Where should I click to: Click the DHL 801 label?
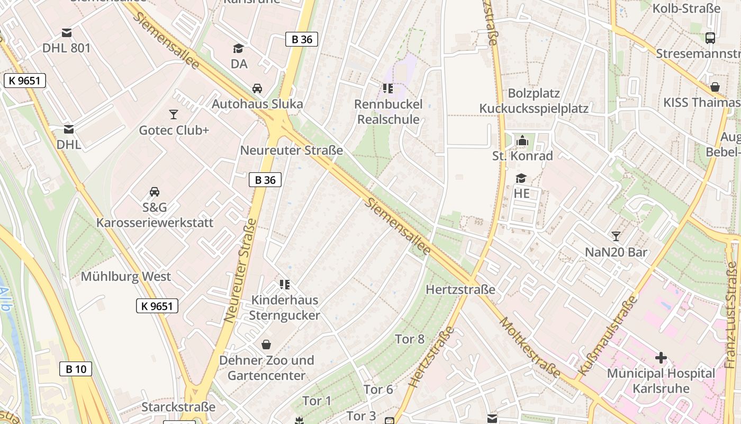point(67,48)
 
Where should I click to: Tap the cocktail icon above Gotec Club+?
point(173,114)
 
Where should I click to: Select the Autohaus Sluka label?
point(257,103)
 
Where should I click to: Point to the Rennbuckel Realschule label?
point(388,112)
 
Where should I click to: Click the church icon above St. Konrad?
point(522,140)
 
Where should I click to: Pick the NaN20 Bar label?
point(616,252)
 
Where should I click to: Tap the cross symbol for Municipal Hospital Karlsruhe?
point(661,358)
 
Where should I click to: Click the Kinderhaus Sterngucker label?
point(284,308)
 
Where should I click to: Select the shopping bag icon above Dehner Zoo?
point(266,344)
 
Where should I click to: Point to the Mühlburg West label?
point(125,277)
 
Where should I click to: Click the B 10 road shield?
point(76,369)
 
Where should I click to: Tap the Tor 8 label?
point(410,339)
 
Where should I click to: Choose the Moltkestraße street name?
point(530,348)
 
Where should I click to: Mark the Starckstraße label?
point(178,407)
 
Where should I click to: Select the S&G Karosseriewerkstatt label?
point(155,215)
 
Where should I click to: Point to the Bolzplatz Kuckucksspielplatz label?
point(534,101)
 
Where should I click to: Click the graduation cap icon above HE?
point(521,178)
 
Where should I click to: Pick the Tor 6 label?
point(378,390)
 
